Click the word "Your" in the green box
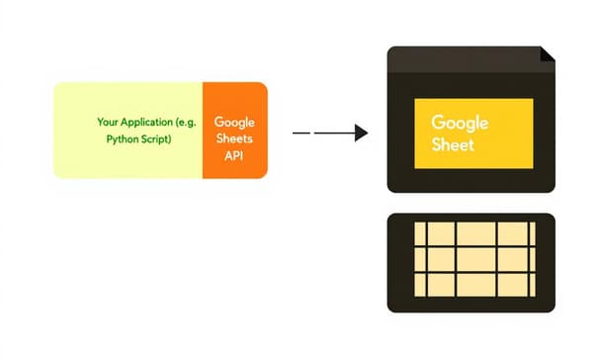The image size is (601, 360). [x=108, y=122]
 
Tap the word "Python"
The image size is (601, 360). [x=125, y=140]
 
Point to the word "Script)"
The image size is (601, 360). [x=157, y=140]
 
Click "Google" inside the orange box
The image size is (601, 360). [x=234, y=122]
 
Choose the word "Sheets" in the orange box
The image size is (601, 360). [x=234, y=138]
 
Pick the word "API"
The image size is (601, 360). [x=234, y=155]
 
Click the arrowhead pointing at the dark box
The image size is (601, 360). [x=361, y=133]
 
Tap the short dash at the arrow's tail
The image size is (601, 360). [x=301, y=133]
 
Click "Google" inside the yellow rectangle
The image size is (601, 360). [x=460, y=124]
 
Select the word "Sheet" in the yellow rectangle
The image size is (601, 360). [x=454, y=144]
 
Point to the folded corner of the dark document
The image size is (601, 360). [x=547, y=54]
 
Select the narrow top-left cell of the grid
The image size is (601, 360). [x=419, y=232]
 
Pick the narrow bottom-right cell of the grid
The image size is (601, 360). [x=532, y=283]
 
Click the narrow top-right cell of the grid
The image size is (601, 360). [x=532, y=232]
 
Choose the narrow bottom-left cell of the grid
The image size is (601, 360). [x=419, y=283]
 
